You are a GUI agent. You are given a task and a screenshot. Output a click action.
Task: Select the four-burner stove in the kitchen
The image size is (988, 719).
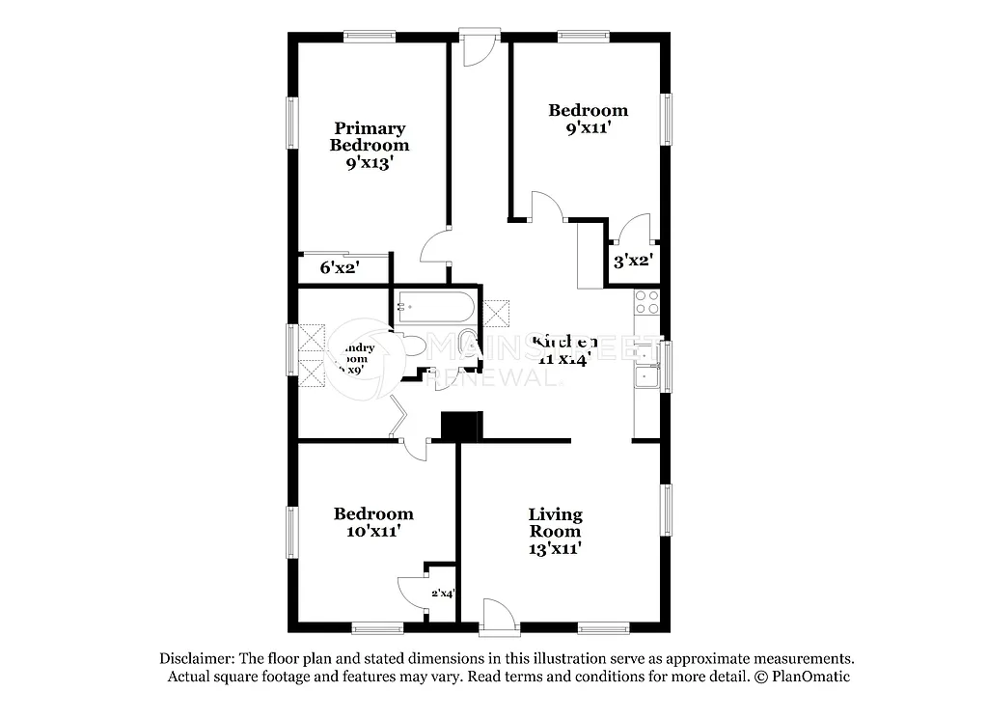coord(645,302)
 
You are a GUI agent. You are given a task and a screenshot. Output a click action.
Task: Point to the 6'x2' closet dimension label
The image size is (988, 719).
coord(340,268)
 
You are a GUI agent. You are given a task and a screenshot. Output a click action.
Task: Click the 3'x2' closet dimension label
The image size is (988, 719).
coord(634,260)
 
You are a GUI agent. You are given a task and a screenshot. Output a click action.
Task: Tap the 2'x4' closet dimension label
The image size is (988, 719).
coord(442,594)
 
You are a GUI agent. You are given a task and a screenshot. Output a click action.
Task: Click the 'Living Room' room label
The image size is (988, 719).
coord(555,522)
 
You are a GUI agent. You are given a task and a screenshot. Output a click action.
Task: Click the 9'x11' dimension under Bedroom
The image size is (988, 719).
coord(588,127)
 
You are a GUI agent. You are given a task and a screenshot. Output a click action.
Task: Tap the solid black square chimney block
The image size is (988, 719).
coord(460,426)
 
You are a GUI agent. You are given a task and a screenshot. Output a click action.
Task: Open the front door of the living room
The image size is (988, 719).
coord(496,616)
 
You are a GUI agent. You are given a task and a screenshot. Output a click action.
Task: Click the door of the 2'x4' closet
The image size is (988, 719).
coord(412,591)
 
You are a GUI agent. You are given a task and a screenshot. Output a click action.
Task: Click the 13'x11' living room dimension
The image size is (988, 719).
coord(554,548)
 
